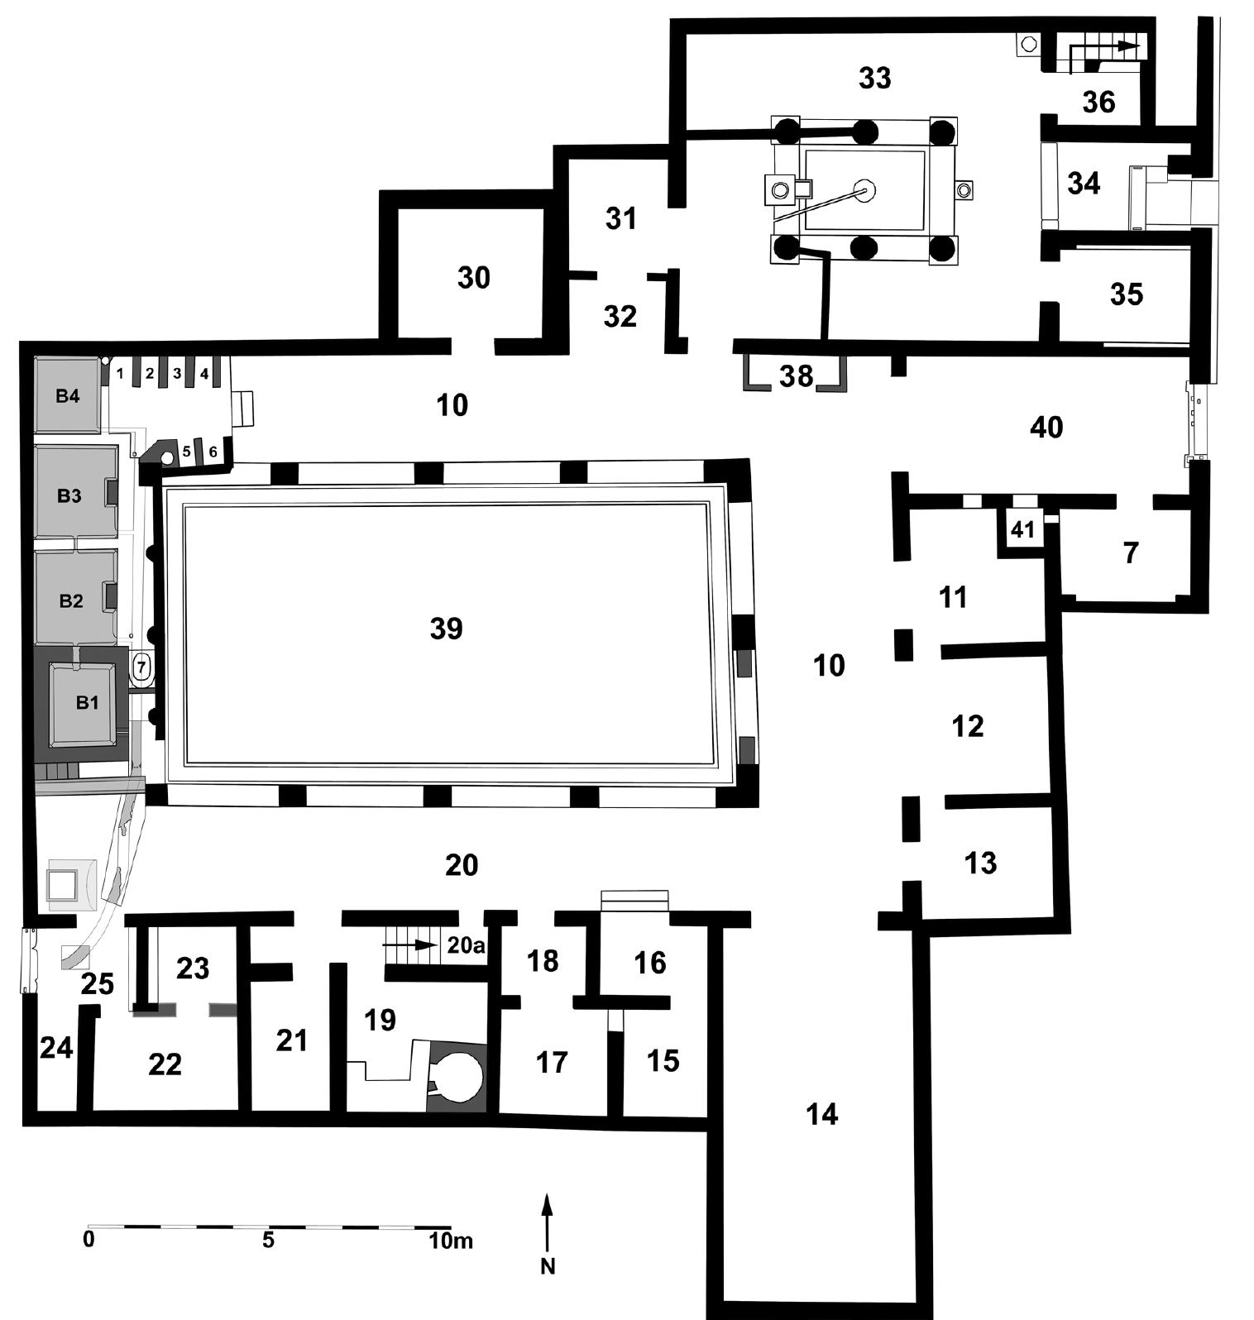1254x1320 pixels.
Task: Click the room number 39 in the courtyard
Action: point(446,629)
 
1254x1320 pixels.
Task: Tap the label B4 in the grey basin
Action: point(68,396)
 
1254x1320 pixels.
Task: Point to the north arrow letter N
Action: point(547,1266)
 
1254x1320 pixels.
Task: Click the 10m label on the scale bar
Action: point(450,1241)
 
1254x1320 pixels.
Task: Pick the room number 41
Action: point(1023,530)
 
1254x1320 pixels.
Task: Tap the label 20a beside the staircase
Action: point(466,945)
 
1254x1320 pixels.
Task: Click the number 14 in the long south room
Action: point(822,1115)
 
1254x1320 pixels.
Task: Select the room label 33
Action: point(875,78)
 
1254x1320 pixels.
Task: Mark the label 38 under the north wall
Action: point(797,376)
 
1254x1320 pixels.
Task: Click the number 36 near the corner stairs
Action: point(1099,103)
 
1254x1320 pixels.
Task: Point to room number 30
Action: point(474,278)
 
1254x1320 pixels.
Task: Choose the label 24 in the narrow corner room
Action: point(56,1049)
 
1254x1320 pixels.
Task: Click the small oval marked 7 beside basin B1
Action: point(141,667)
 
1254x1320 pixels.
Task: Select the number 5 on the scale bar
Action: point(268,1241)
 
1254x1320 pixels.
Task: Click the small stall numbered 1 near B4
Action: point(120,374)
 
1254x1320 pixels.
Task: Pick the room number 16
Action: point(650,963)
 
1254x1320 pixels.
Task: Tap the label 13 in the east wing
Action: point(981,863)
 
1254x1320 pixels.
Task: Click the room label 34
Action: point(1084,184)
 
